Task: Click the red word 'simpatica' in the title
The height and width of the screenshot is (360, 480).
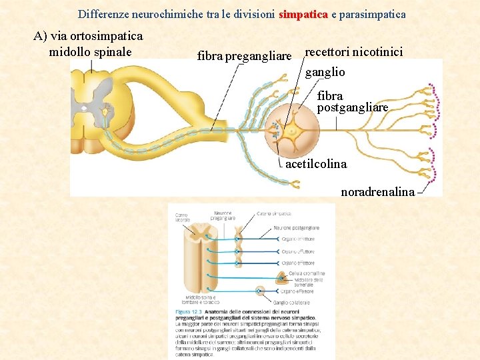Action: [303, 13]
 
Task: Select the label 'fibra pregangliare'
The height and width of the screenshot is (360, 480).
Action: [245, 56]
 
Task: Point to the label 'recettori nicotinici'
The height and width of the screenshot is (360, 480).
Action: [354, 52]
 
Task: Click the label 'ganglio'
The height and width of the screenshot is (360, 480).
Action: [325, 72]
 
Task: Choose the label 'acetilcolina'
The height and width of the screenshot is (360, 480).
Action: [316, 164]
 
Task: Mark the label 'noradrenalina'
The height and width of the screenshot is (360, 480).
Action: [377, 192]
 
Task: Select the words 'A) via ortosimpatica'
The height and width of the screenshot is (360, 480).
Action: [88, 36]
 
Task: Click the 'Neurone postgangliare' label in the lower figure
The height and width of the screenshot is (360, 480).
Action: [297, 228]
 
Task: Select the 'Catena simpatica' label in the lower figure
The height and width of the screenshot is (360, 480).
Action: [274, 214]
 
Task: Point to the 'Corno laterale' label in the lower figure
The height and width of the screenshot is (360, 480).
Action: [181, 217]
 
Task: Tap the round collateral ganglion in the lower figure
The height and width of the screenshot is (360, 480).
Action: [260, 291]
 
